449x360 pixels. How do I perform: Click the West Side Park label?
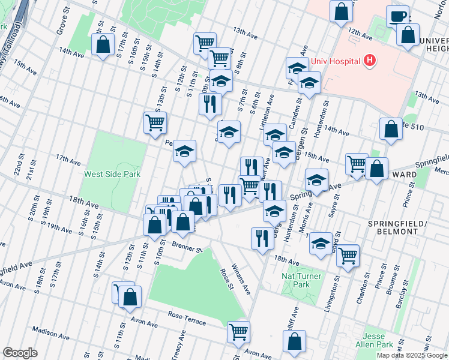111,175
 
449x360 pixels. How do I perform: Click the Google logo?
20,353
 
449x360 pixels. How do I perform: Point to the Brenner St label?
184,247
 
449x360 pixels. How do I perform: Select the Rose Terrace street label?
187,319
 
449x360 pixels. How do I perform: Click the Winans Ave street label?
242,280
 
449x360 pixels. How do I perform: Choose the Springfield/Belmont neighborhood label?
397,227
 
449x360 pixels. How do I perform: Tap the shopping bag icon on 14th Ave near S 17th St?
103,44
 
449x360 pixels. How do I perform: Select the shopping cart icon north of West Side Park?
155,122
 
